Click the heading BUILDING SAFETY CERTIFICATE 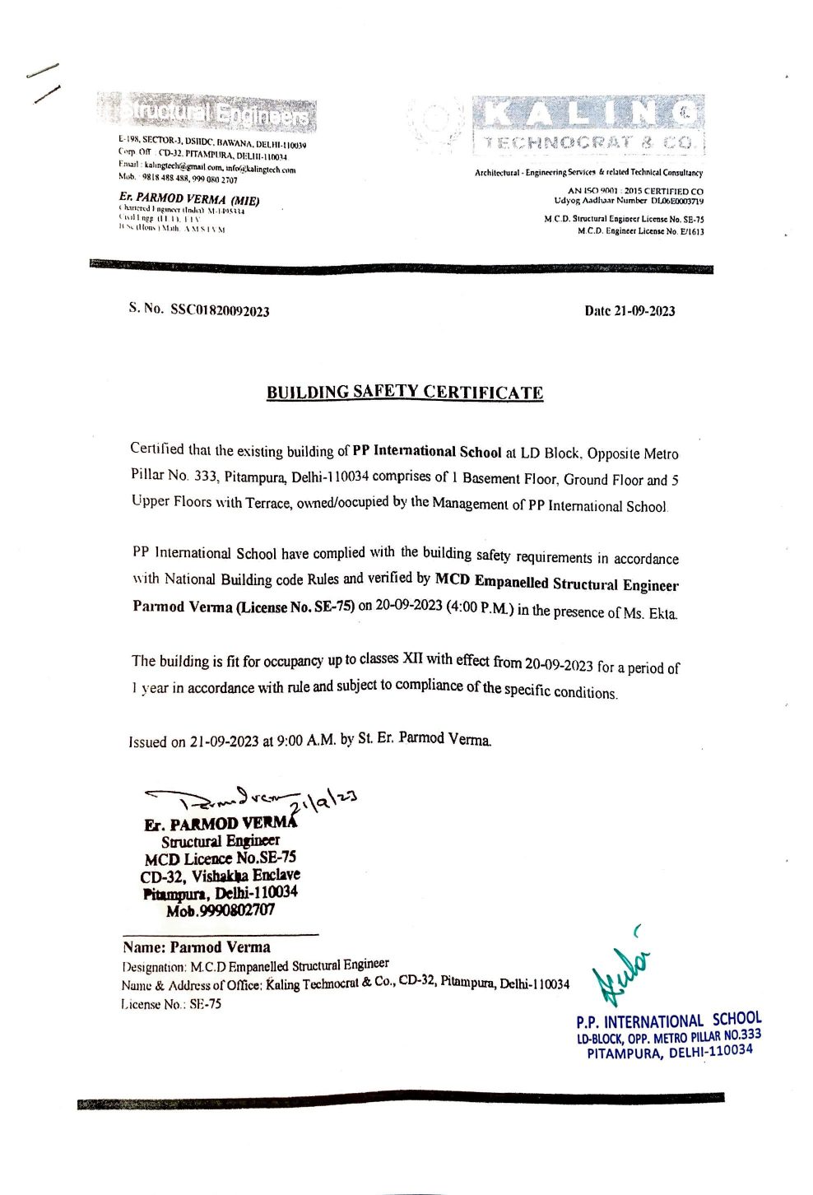(405, 393)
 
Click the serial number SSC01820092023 (220, 310)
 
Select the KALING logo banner (588, 124)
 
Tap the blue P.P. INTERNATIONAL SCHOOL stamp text (669, 1021)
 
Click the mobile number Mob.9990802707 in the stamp (221, 910)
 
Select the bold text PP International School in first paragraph (426, 451)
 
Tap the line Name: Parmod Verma (197, 947)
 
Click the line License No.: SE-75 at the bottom (171, 1004)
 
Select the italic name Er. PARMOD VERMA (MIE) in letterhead (189, 198)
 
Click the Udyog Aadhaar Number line (629, 201)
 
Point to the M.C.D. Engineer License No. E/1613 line (640, 232)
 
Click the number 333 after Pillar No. (205, 476)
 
